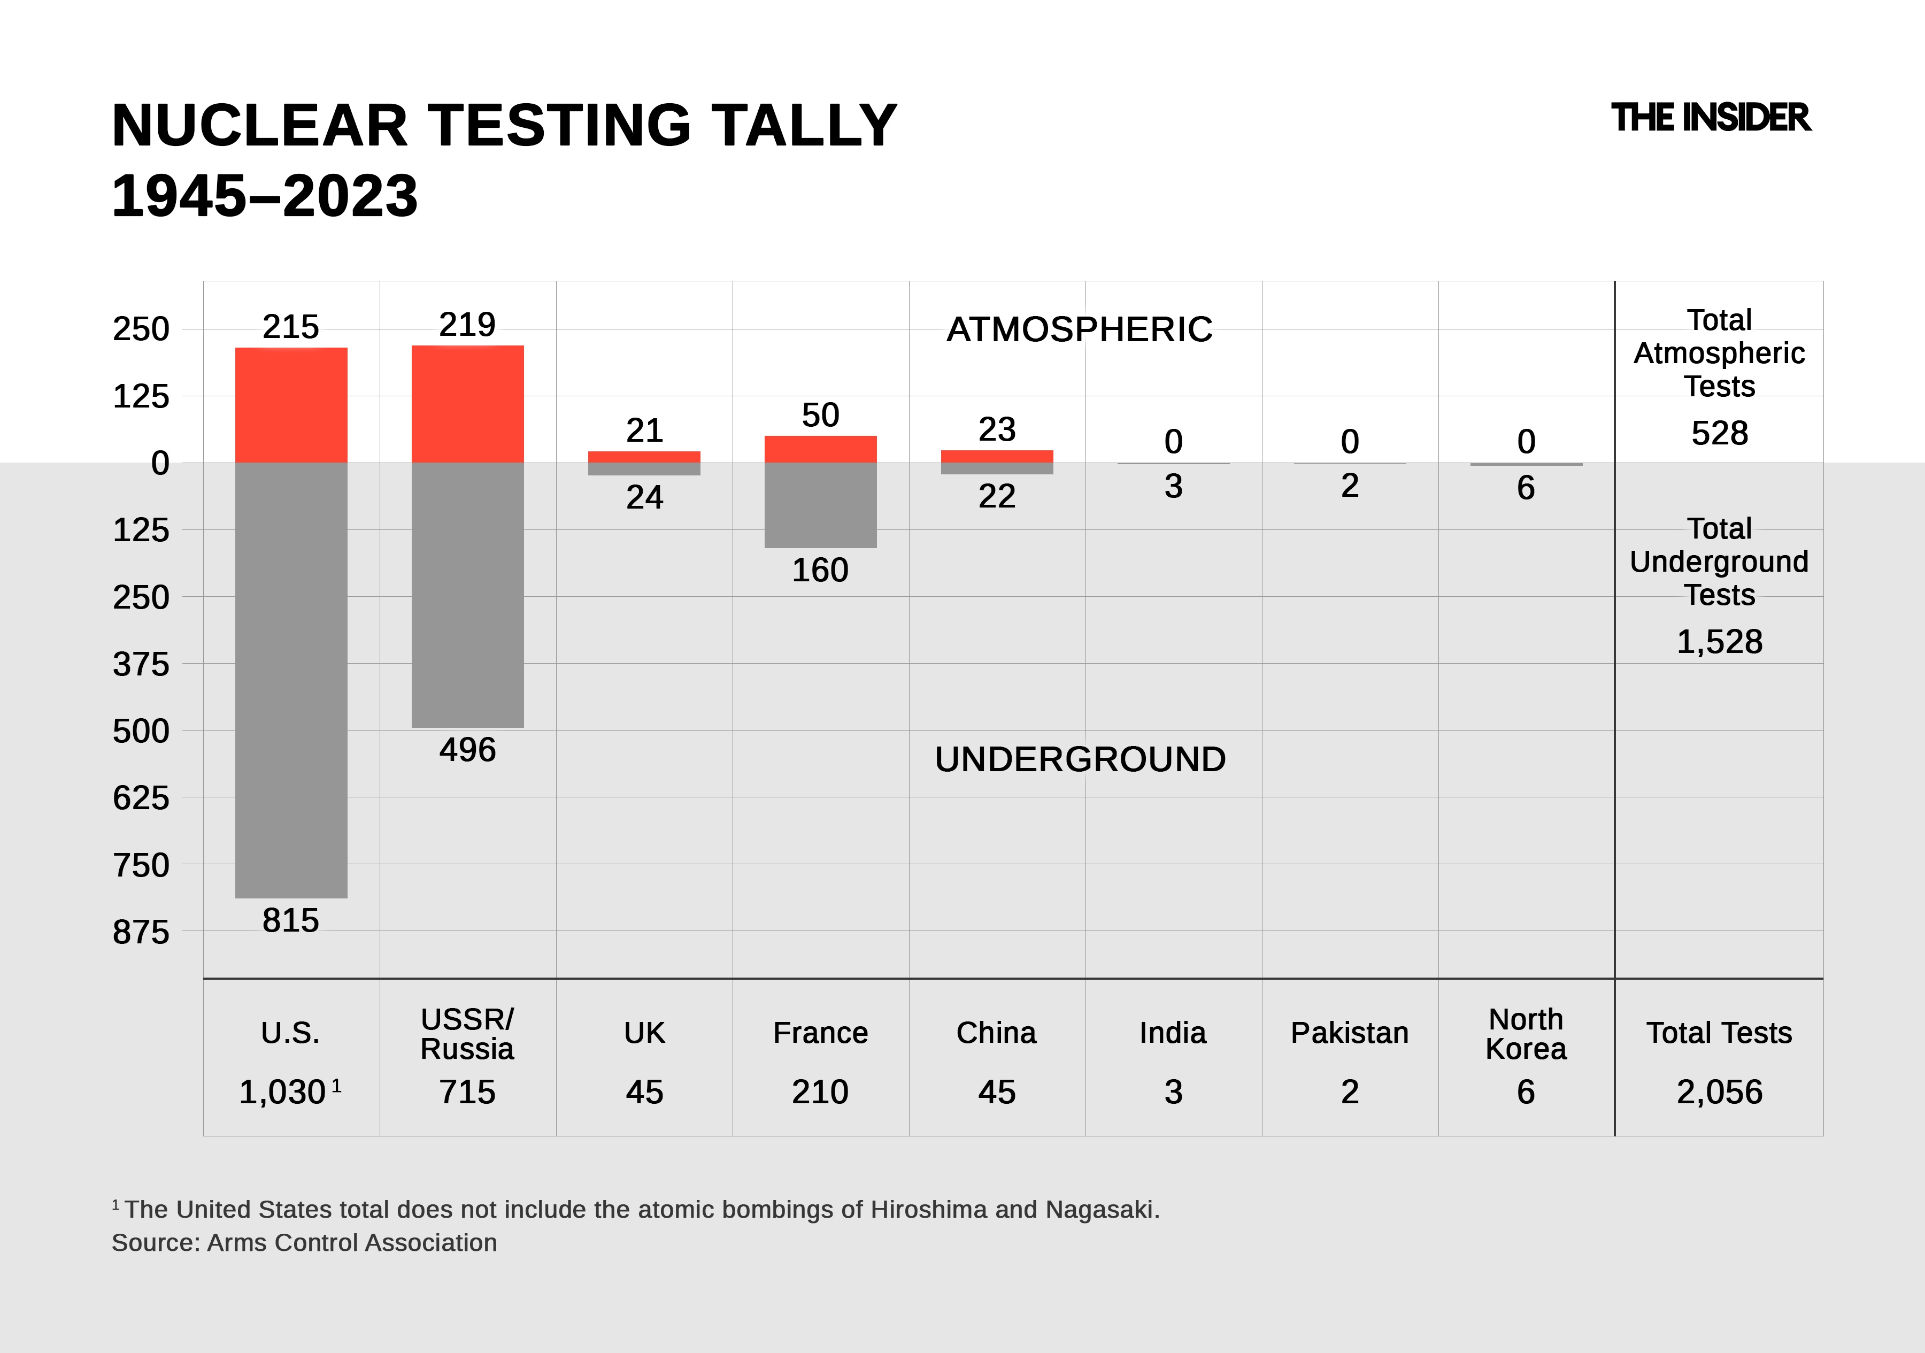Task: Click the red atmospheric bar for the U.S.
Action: pyautogui.click(x=291, y=405)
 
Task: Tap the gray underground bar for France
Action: pyautogui.click(x=820, y=505)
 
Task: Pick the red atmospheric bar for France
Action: pyautogui.click(x=820, y=449)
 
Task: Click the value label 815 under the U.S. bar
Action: pyautogui.click(x=290, y=920)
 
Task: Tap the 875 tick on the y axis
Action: pyautogui.click(x=141, y=932)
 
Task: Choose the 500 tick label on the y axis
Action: pyautogui.click(x=141, y=731)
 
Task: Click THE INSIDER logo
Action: pyautogui.click(x=1711, y=118)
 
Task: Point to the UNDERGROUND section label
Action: pyautogui.click(x=1080, y=759)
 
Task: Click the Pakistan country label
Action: pyautogui.click(x=1349, y=1033)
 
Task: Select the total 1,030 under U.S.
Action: pyautogui.click(x=282, y=1091)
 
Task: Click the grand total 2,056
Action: pyautogui.click(x=1719, y=1091)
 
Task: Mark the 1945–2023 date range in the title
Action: pyautogui.click(x=265, y=196)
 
